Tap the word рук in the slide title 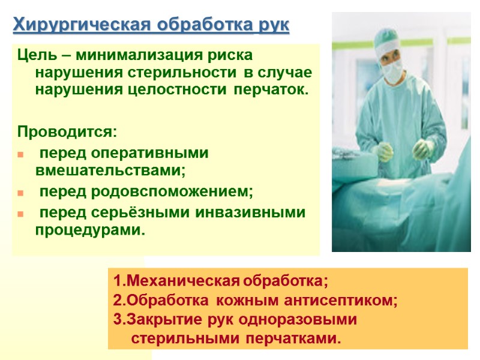tap(274, 26)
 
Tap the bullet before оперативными tap(22, 155)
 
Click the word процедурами tap(90, 230)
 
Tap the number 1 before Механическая tap(116, 281)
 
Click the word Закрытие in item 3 tap(157, 320)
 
